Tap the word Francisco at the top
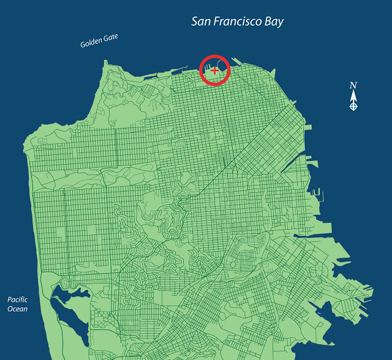238,22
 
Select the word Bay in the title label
273,23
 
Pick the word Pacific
18,299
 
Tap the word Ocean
18,309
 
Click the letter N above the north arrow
353,85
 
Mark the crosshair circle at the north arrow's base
353,107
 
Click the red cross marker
214,71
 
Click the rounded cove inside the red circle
221,62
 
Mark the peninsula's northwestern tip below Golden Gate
105,62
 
